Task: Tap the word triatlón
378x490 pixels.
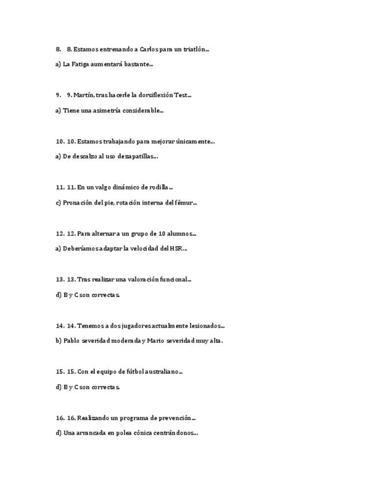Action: coord(194,50)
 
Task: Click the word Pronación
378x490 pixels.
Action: coord(77,202)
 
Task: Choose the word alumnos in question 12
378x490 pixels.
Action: coord(180,233)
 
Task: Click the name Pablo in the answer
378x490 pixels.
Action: coord(70,340)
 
